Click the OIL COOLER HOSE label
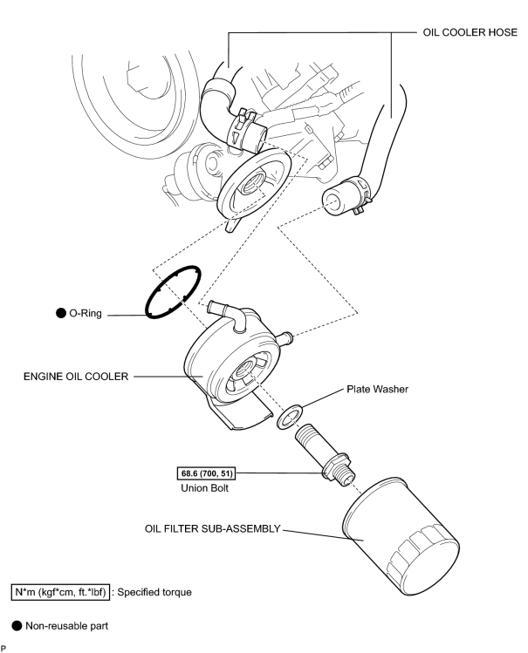[470, 32]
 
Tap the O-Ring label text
[86, 313]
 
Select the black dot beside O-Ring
[61, 313]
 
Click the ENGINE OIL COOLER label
[76, 377]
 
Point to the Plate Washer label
[378, 389]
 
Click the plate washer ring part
[291, 416]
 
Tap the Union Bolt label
[204, 487]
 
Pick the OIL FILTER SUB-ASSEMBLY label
[213, 528]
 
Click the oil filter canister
[401, 537]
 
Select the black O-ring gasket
[173, 292]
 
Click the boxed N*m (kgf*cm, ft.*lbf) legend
[60, 592]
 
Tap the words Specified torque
[154, 592]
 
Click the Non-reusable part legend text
[66, 626]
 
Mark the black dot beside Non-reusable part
[17, 626]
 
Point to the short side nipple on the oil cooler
[285, 338]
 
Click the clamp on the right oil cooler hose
[360, 194]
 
